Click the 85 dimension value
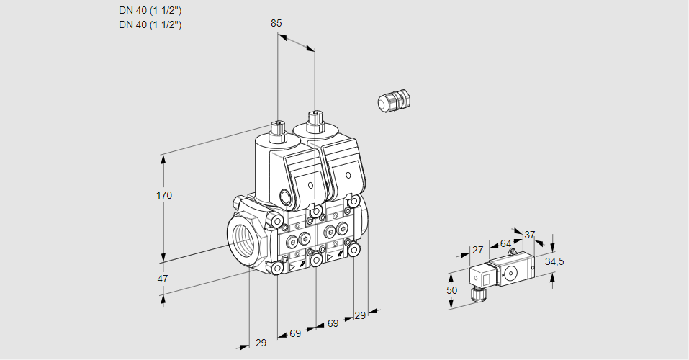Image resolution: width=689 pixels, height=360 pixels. (276, 23)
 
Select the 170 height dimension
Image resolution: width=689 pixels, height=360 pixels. (165, 195)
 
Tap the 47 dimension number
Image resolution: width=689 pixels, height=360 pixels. (163, 279)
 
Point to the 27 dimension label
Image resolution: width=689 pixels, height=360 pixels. (477, 250)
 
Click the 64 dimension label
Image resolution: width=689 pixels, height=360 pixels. (505, 243)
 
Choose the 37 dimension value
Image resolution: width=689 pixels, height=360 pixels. (530, 235)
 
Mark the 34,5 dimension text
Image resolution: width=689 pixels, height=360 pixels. (554, 261)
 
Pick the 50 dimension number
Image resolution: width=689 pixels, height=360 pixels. (451, 290)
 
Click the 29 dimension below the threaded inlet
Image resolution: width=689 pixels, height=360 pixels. (261, 343)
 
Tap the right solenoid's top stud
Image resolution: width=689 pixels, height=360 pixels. (314, 120)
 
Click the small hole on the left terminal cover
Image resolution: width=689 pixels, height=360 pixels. (311, 186)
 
